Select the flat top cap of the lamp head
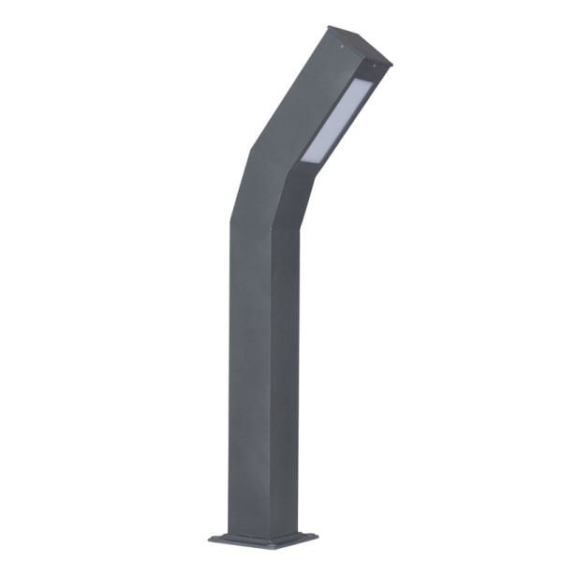pyautogui.click(x=359, y=46)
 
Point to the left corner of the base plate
pyautogui.click(x=210, y=539)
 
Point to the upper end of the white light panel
pyautogui.click(x=370, y=83)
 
